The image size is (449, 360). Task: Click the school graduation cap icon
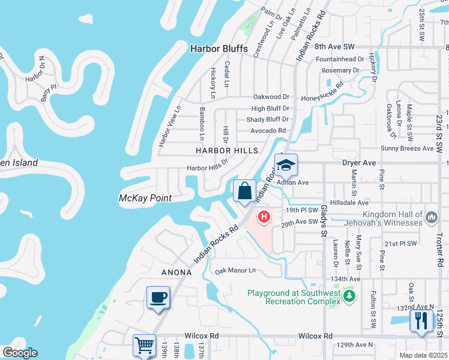[286, 165]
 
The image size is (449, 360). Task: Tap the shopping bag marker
[245, 192]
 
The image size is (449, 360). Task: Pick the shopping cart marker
[145, 346]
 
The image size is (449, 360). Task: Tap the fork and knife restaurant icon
[421, 320]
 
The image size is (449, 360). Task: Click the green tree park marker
[349, 296]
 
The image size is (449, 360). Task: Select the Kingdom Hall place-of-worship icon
[432, 215]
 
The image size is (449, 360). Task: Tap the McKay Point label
[145, 198]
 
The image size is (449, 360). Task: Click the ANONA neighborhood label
[176, 272]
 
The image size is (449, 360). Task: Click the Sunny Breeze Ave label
[407, 148]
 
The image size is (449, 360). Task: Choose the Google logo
[19, 353]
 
